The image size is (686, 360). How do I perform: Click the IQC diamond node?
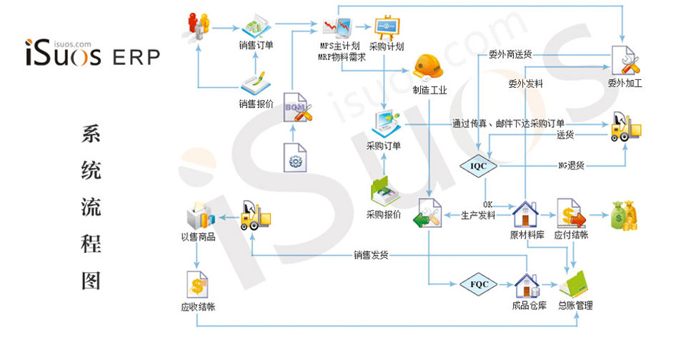click(x=478, y=166)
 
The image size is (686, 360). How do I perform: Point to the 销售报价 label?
click(x=256, y=104)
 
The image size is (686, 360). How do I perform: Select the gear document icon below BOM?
click(x=295, y=158)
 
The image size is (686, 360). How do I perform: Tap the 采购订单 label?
click(x=384, y=146)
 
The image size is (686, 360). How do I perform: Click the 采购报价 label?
click(x=384, y=214)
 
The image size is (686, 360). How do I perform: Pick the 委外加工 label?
click(x=625, y=83)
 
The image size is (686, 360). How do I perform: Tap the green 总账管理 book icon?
click(x=575, y=284)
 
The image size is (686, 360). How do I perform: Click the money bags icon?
click(x=622, y=214)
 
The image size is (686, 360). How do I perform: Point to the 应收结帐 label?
click(x=198, y=307)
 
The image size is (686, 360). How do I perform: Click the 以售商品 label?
click(x=198, y=236)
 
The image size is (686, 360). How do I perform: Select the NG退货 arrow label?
click(x=571, y=166)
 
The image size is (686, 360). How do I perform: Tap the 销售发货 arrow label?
click(x=371, y=254)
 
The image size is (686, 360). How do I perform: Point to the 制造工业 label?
click(x=429, y=90)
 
